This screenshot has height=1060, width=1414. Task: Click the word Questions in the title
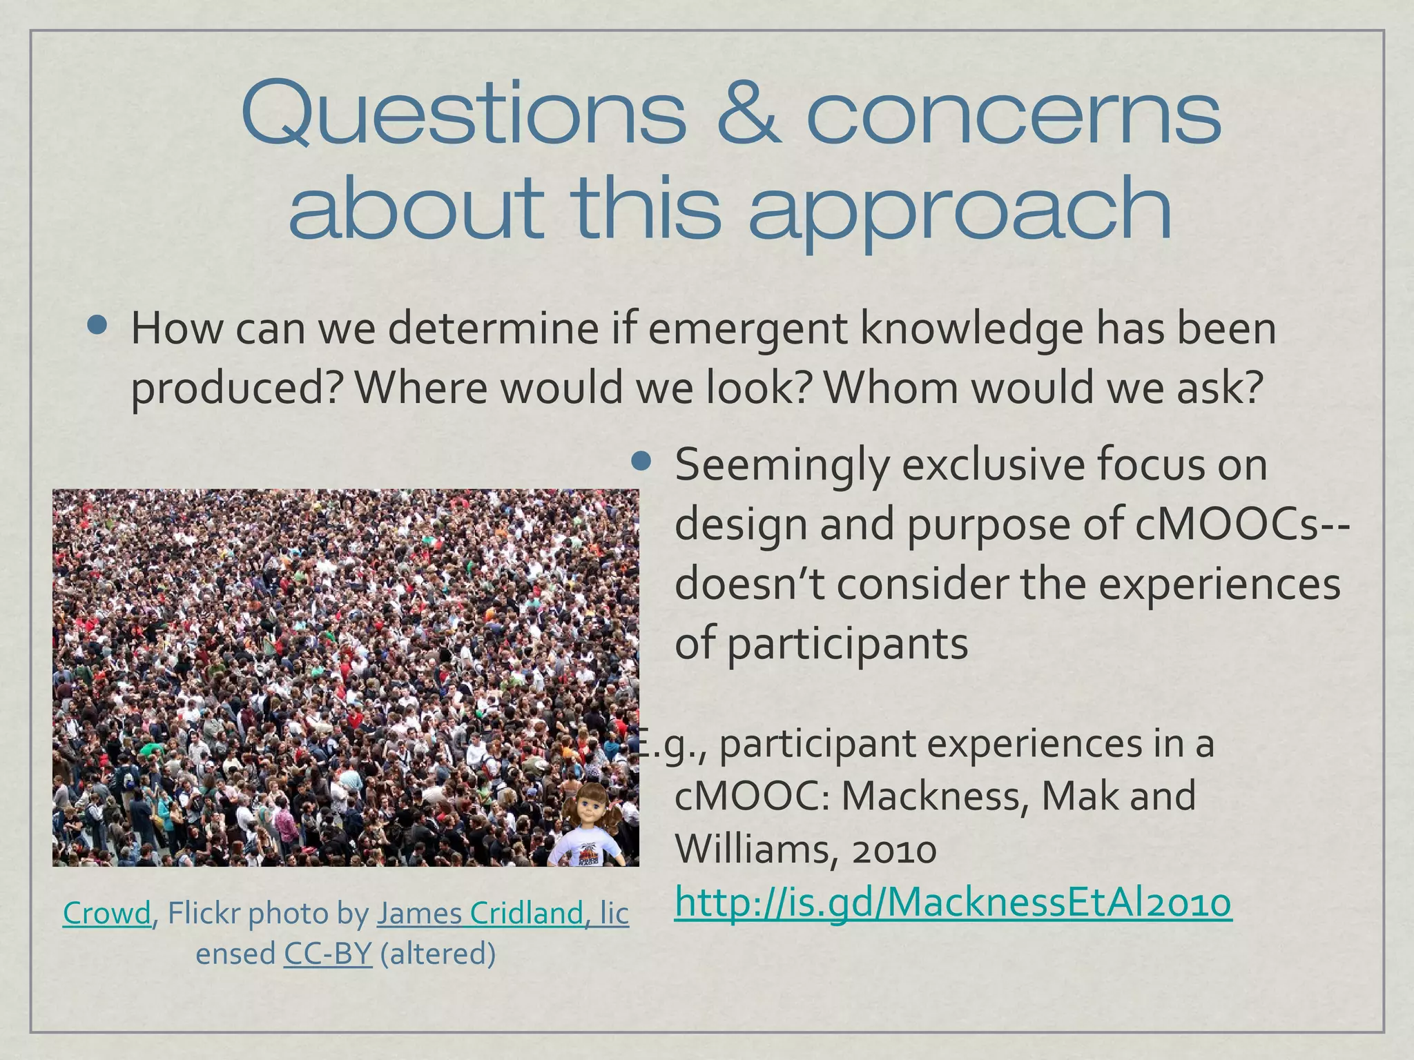(x=463, y=114)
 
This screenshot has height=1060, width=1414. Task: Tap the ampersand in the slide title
(x=749, y=114)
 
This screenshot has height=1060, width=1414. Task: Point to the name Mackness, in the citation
(x=935, y=796)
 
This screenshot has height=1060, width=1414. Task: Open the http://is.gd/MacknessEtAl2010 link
(x=952, y=902)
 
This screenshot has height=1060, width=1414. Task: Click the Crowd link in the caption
(x=106, y=913)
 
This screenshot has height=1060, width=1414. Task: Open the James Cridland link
(x=503, y=913)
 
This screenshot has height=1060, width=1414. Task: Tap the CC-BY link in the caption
(x=328, y=954)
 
